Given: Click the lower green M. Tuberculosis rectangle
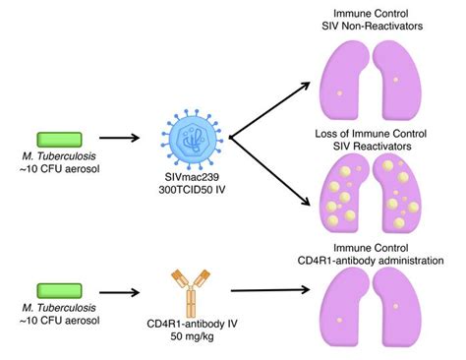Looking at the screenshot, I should point(61,288).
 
